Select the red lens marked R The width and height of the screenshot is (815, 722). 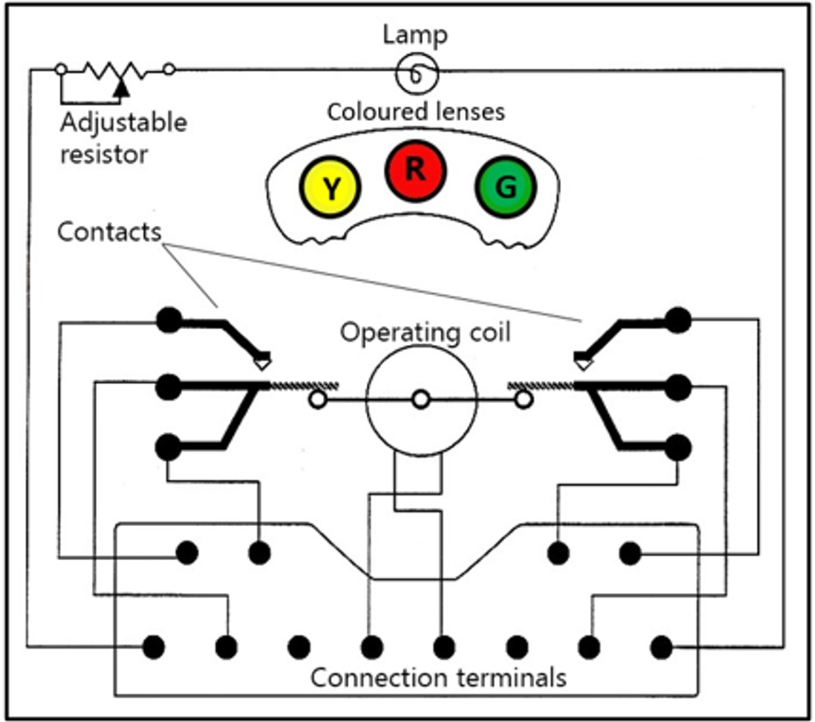click(415, 169)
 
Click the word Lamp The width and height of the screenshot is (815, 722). click(415, 36)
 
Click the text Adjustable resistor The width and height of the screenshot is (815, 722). click(123, 137)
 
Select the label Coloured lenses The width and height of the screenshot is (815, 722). click(416, 113)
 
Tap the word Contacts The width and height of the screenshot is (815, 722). click(109, 232)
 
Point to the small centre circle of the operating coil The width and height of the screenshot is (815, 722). click(421, 400)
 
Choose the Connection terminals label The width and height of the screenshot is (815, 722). click(439, 677)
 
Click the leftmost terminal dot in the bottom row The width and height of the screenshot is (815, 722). click(153, 647)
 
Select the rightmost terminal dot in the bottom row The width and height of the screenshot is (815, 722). click(662, 647)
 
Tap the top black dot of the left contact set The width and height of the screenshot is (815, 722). click(168, 320)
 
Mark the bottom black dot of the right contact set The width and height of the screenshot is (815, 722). click(677, 447)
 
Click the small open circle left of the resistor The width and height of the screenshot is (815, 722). click(60, 68)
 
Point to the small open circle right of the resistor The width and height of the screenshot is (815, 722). click(169, 68)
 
